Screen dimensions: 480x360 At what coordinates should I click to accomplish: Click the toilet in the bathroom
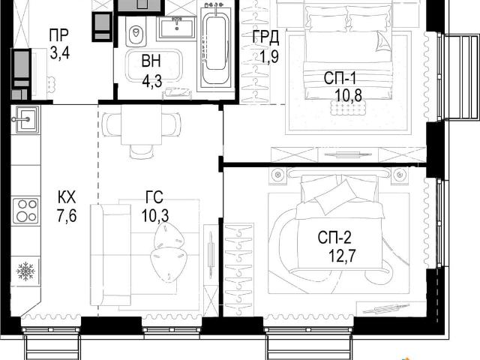click(136, 33)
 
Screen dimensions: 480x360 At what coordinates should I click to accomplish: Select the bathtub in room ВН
click(216, 48)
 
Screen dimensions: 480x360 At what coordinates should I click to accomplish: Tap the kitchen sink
click(25, 119)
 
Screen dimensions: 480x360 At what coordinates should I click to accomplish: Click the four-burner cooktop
click(25, 211)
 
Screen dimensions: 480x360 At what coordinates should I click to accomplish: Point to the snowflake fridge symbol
click(25, 271)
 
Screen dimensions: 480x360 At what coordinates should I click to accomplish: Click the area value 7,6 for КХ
click(67, 217)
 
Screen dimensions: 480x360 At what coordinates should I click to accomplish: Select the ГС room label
click(154, 197)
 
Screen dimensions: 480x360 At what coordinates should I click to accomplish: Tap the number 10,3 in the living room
click(155, 216)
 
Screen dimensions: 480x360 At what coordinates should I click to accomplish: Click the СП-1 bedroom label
click(340, 78)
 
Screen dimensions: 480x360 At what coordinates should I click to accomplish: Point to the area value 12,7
click(342, 255)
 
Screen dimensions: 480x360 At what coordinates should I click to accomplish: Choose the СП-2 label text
click(334, 237)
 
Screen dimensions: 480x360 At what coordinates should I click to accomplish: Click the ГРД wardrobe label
click(265, 37)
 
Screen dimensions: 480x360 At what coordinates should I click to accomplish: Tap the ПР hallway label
click(58, 35)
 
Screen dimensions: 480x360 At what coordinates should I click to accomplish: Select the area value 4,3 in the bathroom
click(151, 82)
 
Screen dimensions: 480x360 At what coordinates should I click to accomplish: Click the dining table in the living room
click(141, 124)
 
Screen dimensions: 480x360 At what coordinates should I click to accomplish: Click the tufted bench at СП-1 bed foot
click(348, 108)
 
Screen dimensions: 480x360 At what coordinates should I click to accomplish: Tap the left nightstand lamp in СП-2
click(277, 175)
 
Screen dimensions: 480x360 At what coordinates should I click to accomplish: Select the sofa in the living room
click(111, 255)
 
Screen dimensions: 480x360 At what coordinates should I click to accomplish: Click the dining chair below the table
click(141, 151)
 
